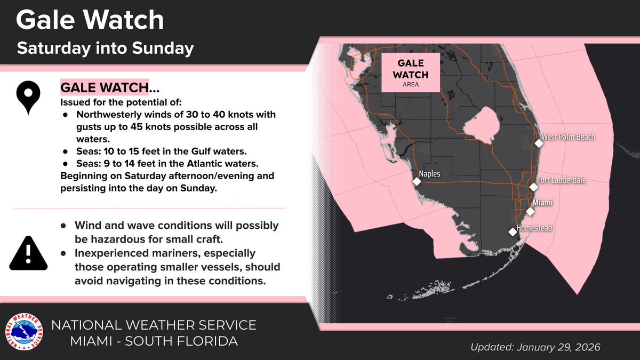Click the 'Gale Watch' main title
tap(90, 20)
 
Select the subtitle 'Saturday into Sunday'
tap(105, 49)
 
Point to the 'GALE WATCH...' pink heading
tap(101, 87)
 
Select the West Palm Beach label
tap(568, 137)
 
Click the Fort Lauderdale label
tap(561, 181)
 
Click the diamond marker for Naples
tap(416, 182)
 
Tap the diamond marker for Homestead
tap(513, 231)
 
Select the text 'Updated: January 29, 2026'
tap(535, 347)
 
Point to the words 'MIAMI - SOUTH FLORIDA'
tap(154, 341)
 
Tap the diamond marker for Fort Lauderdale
tap(533, 187)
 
